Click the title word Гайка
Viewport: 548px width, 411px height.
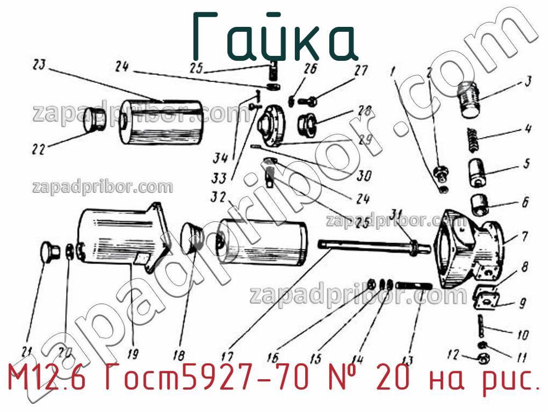275,37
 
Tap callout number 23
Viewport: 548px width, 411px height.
39,66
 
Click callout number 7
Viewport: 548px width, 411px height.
524,236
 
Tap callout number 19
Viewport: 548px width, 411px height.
132,354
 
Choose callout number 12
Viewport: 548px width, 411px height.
452,355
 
